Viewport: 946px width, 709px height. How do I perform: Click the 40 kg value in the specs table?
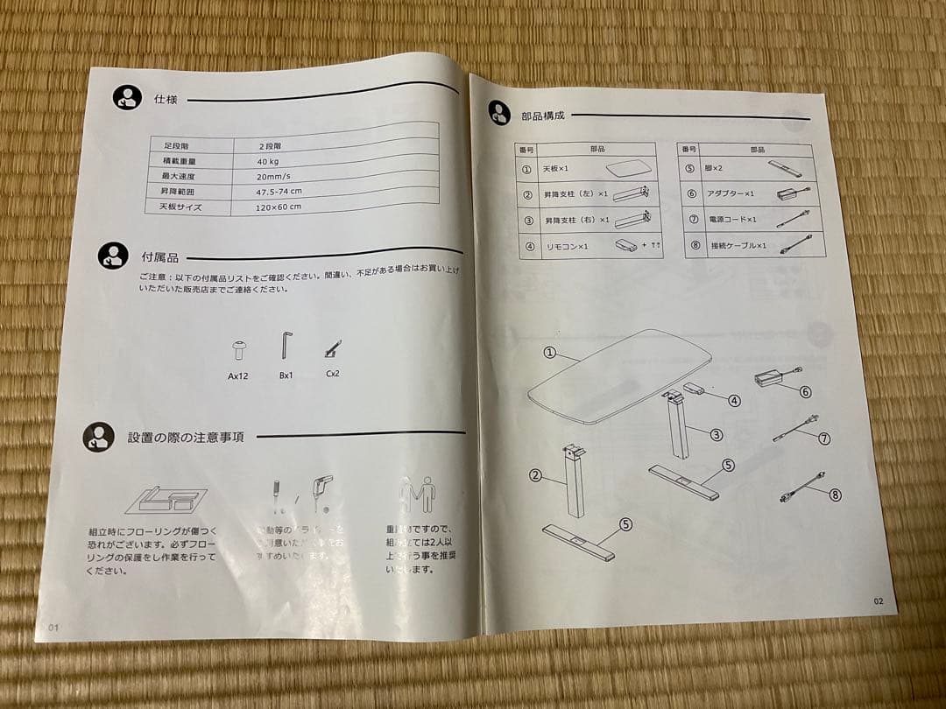(268, 162)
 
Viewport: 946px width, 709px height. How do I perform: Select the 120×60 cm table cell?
(279, 207)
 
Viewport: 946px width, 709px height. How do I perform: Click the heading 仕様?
(166, 100)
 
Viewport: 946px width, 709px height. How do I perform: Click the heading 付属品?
(159, 257)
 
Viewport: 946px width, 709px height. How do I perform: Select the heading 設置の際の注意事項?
(186, 437)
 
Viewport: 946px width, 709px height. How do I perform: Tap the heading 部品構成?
(543, 115)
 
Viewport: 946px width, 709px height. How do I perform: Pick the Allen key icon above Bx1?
(286, 345)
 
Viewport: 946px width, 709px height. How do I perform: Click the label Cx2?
(333, 374)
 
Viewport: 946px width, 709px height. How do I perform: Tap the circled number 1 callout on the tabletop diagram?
(549, 354)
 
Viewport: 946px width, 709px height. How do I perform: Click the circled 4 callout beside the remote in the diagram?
(734, 401)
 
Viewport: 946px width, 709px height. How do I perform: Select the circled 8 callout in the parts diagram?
(834, 495)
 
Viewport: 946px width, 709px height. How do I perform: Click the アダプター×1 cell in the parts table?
(731, 194)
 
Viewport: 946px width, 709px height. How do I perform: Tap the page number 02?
(879, 600)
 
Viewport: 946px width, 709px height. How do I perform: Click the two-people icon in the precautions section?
(417, 495)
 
